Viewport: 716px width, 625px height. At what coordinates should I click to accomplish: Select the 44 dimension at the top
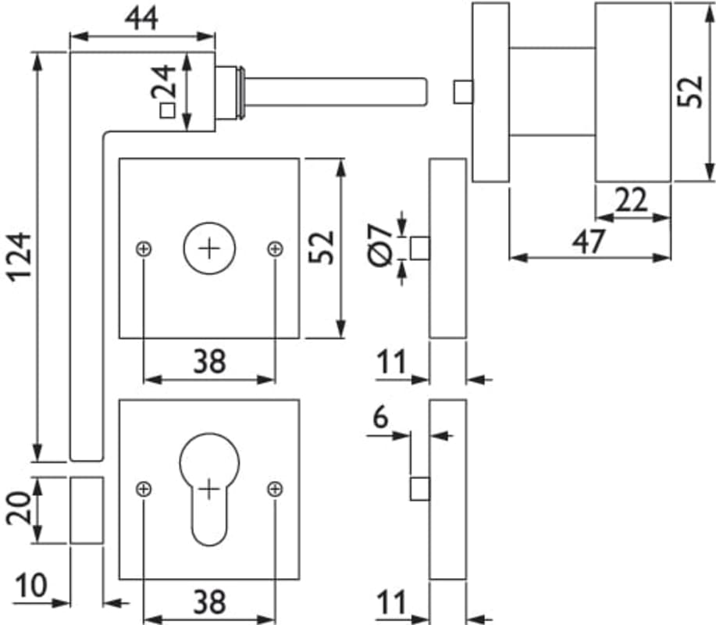coord(141,16)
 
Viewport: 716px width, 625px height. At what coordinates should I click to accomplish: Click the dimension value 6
coord(379,418)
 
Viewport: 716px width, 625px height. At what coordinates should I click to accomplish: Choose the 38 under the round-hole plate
coord(208,361)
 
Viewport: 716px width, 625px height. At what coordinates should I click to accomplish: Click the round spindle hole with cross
coord(208,249)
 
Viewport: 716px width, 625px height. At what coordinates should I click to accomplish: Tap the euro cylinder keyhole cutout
coord(208,488)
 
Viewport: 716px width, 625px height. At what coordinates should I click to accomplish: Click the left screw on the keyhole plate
coord(143,489)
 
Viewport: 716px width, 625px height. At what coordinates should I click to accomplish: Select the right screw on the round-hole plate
coord(275,249)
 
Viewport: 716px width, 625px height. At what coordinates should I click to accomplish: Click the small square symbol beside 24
coord(166,111)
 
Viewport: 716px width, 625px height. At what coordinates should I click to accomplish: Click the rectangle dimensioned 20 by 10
coord(87,510)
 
